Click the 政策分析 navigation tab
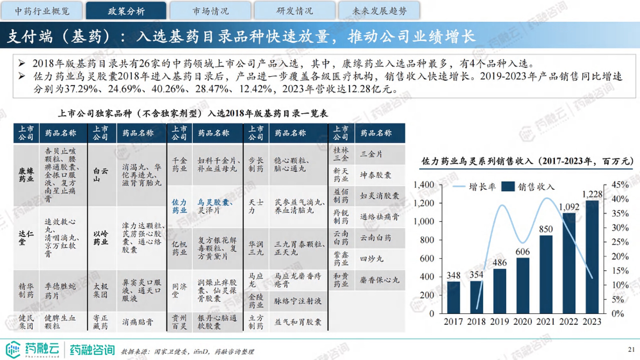click(x=126, y=11)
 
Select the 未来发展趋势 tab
click(x=379, y=11)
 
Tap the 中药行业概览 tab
click(x=42, y=11)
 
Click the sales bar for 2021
click(x=546, y=274)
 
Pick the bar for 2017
click(x=453, y=297)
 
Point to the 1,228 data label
click(x=592, y=194)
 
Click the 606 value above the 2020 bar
click(x=523, y=252)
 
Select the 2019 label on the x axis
click(x=499, y=321)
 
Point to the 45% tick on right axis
click(x=620, y=185)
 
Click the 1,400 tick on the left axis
click(x=424, y=185)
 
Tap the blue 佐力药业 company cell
click(x=179, y=206)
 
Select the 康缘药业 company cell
click(x=26, y=175)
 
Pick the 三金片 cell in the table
click(x=371, y=154)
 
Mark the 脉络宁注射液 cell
click(x=298, y=301)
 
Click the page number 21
click(x=631, y=349)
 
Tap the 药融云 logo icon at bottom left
click(x=13, y=349)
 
